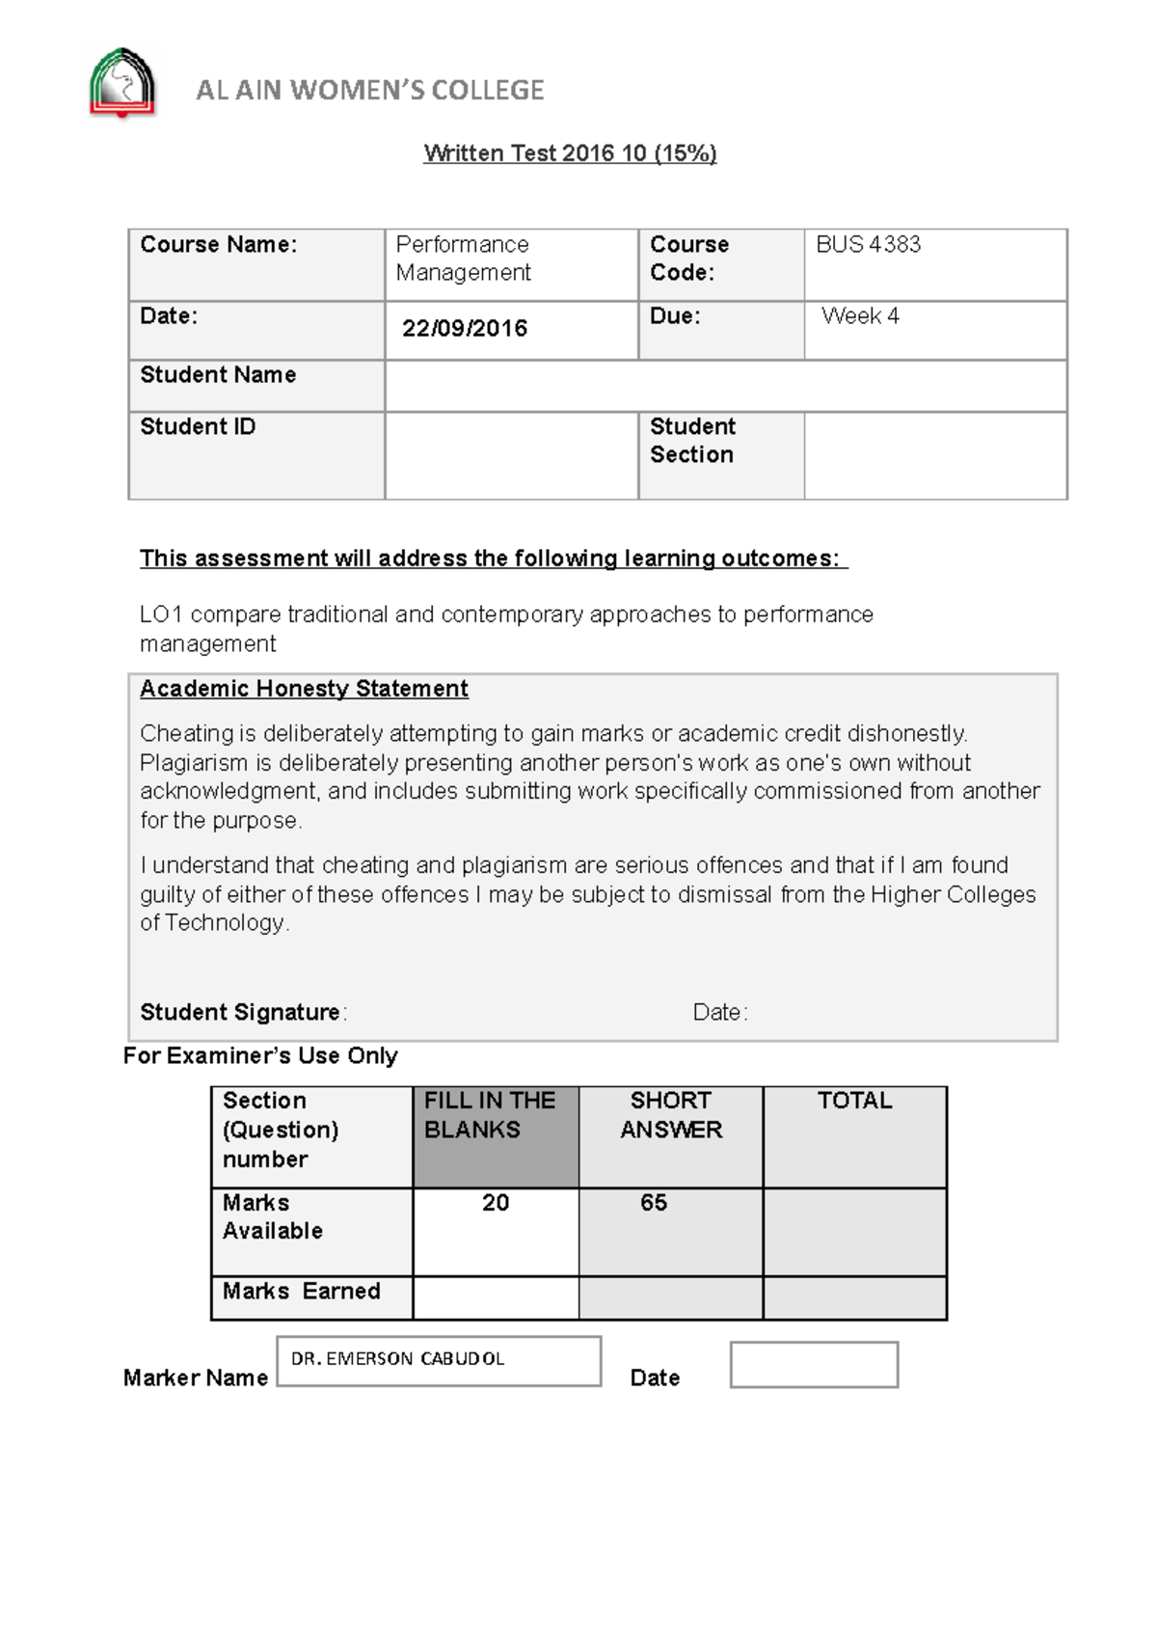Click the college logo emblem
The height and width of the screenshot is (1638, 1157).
[122, 84]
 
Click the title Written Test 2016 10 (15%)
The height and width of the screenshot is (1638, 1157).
[570, 153]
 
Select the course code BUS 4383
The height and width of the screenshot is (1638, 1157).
[868, 245]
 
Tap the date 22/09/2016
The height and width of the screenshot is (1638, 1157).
[465, 329]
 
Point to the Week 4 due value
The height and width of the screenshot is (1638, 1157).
[860, 316]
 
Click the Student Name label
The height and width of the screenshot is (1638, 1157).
[218, 375]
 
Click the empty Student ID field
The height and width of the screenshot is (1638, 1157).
[511, 455]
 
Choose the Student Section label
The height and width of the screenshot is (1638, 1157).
[692, 441]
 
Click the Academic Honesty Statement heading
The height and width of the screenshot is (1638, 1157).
[304, 689]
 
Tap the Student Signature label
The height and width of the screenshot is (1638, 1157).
[240, 1012]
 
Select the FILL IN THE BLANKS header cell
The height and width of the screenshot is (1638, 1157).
[496, 1136]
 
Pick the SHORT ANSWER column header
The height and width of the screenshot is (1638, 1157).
[671, 1116]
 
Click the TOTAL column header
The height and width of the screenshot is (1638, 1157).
[854, 1101]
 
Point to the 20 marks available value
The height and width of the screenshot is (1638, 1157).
[496, 1203]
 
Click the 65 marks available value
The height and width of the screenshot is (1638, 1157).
[654, 1203]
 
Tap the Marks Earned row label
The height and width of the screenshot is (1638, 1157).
[301, 1292]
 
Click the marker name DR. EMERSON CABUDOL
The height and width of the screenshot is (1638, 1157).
[397, 1359]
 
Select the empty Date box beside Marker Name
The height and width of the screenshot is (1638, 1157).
[814, 1365]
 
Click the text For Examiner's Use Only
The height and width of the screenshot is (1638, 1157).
[260, 1056]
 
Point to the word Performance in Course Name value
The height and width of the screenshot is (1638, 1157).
[462, 245]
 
